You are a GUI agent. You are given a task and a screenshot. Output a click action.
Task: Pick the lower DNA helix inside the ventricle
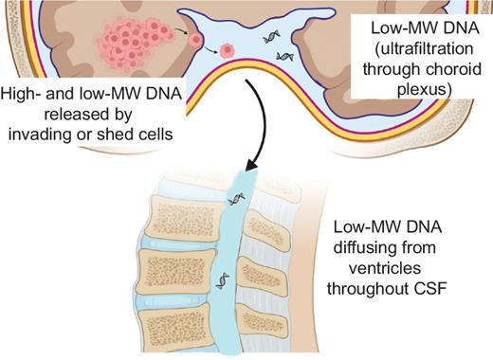point(283,56)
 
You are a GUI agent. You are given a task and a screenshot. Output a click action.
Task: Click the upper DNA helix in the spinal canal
point(237,201)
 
